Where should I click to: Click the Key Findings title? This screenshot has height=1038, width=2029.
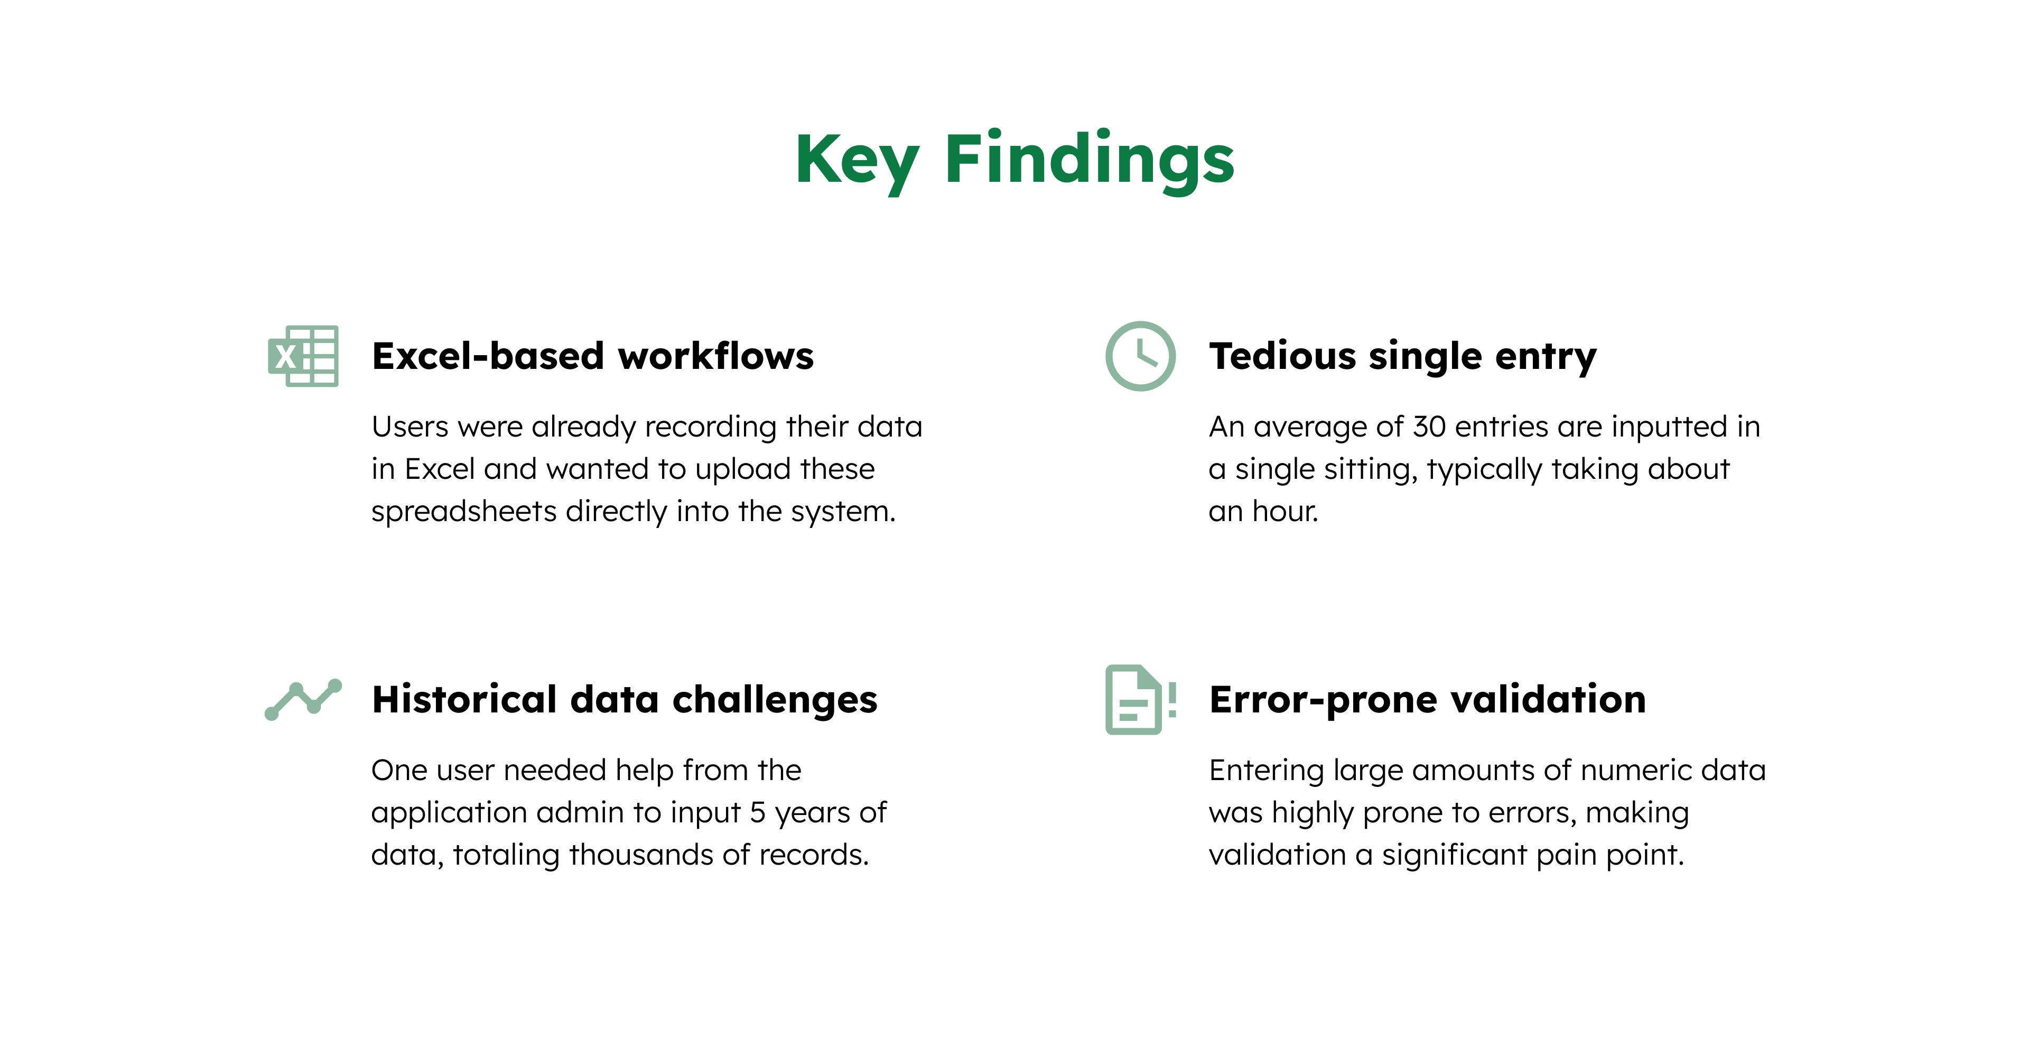1015,160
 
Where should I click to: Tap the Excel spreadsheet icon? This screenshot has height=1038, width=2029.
303,356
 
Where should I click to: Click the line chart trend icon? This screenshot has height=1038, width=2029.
303,699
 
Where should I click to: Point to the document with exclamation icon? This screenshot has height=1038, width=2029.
1140,699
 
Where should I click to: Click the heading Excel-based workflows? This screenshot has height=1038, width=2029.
592,356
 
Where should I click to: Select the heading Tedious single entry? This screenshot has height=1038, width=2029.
1403,356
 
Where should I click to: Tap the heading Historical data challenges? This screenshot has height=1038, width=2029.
625,699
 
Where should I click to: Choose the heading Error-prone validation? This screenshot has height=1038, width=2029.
1427,699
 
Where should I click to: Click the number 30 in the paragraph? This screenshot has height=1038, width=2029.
1429,427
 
